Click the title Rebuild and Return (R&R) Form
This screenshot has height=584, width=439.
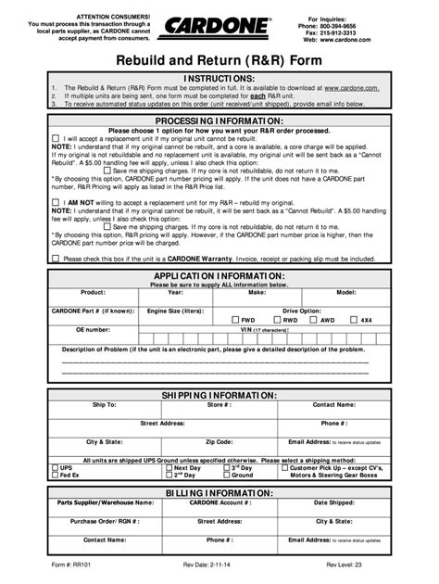[219, 59]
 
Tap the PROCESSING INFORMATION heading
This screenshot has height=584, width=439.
[219, 121]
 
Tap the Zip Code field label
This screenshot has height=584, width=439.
[219, 441]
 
